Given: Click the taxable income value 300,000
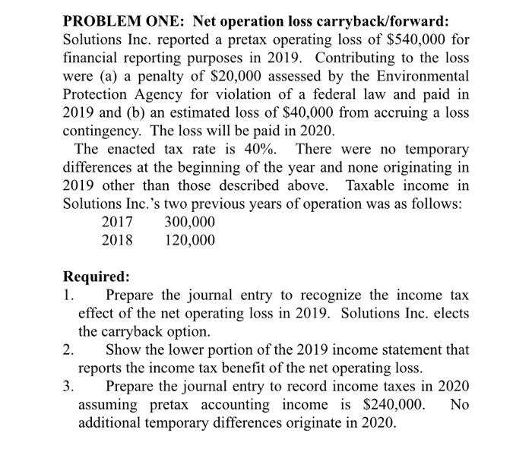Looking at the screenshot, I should (189, 223).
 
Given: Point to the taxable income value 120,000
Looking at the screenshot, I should (189, 241).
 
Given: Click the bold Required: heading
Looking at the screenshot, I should (96, 277).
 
